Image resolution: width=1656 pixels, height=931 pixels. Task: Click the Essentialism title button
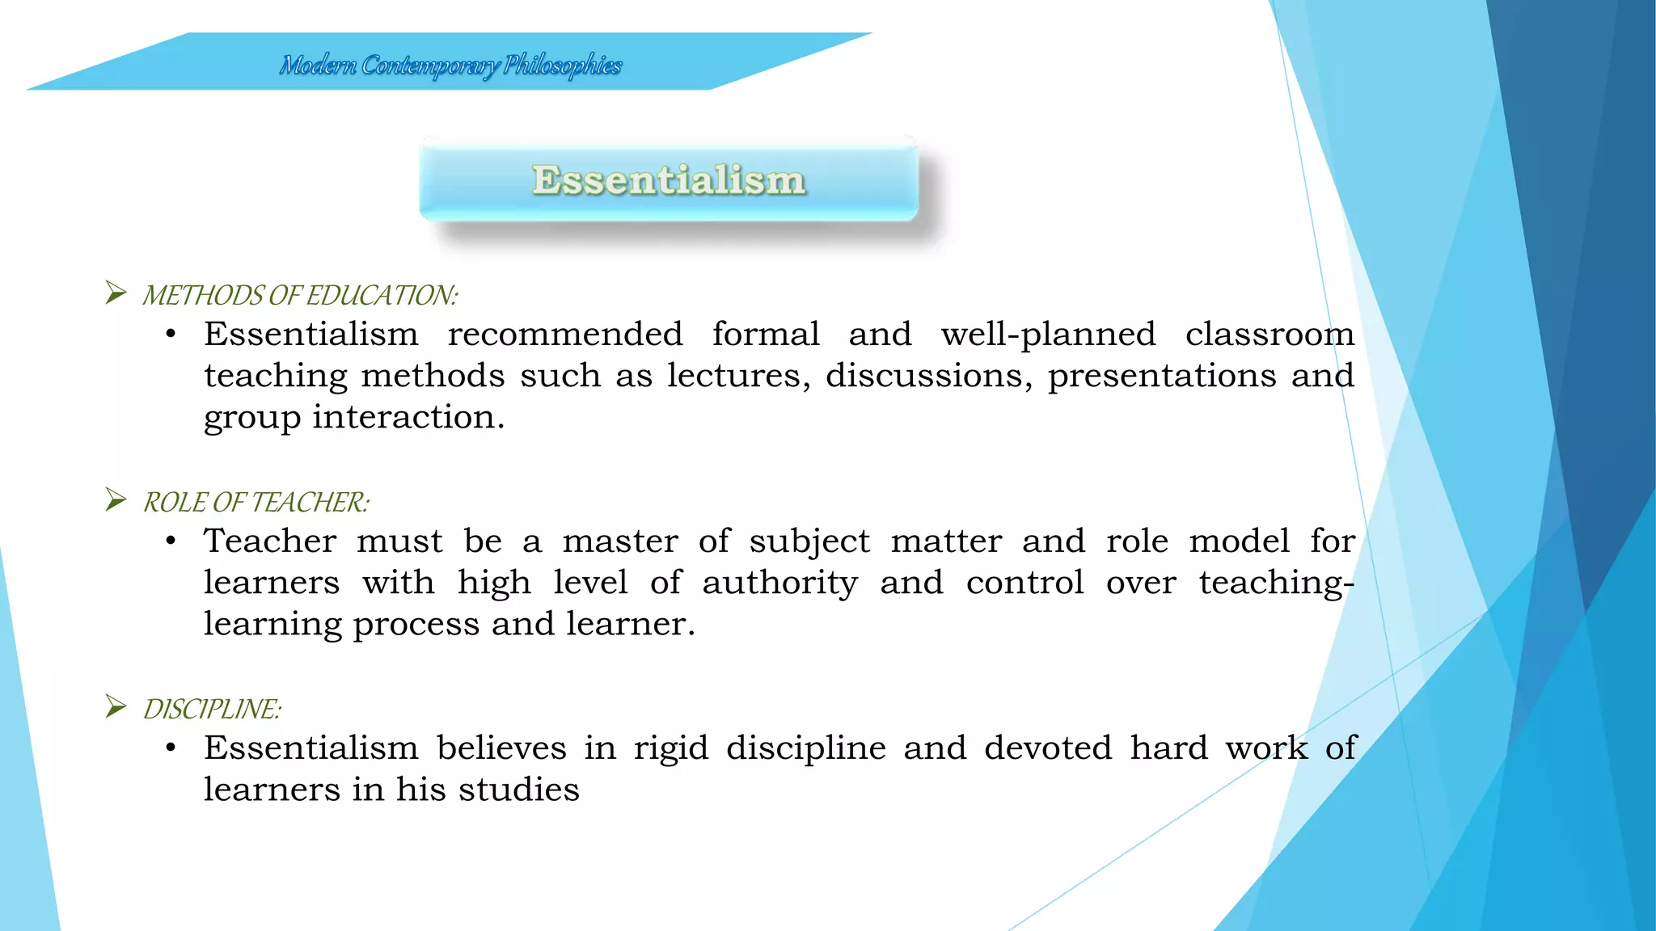pyautogui.click(x=669, y=179)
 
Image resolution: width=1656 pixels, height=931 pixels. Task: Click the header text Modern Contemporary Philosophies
pyautogui.click(x=450, y=65)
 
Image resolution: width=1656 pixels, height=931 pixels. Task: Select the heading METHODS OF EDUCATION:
pyautogui.click(x=300, y=296)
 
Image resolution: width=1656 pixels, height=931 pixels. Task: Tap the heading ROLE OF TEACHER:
pyautogui.click(x=256, y=503)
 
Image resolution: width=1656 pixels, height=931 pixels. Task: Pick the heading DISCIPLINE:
pyautogui.click(x=212, y=710)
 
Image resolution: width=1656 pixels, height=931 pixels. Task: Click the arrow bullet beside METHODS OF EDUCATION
pyautogui.click(x=116, y=293)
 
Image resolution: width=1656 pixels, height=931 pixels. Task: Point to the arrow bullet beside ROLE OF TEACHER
pyautogui.click(x=116, y=499)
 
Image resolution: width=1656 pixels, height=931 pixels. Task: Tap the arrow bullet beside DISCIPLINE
pyautogui.click(x=116, y=706)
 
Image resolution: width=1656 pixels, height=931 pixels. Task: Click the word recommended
pyautogui.click(x=565, y=335)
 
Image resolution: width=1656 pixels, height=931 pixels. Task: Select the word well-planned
pyautogui.click(x=1048, y=335)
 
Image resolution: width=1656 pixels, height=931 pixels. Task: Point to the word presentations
pyautogui.click(x=1161, y=376)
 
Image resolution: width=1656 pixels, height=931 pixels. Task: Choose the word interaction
pyautogui.click(x=408, y=417)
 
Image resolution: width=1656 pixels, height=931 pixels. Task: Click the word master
pyautogui.click(x=620, y=541)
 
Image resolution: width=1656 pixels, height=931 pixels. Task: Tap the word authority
pyautogui.click(x=779, y=583)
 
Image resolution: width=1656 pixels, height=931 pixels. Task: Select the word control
pyautogui.click(x=1024, y=583)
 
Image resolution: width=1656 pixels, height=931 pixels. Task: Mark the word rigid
pyautogui.click(x=670, y=748)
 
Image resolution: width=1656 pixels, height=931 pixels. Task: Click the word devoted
pyautogui.click(x=1047, y=748)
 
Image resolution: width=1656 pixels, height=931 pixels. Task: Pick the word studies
pyautogui.click(x=518, y=790)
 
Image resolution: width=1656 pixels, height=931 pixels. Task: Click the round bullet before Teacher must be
pyautogui.click(x=171, y=541)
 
